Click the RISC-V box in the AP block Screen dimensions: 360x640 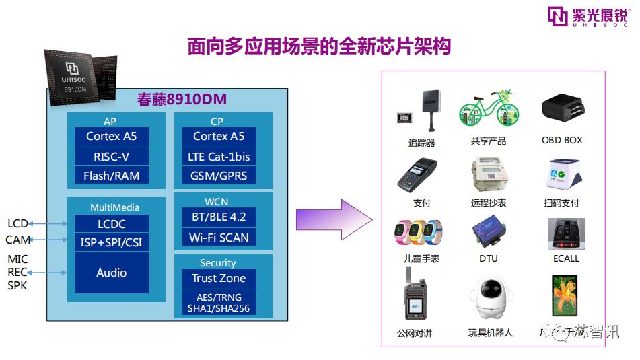tap(112, 156)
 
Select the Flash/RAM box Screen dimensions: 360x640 tap(112, 176)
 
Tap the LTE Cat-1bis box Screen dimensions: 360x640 tap(219, 156)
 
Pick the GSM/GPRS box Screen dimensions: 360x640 tap(219, 176)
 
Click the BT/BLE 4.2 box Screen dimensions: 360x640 tap(219, 217)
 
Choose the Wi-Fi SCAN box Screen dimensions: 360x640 tap(219, 237)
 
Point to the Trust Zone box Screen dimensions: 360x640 tap(219, 278)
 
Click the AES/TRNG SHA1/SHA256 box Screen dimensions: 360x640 tap(219, 302)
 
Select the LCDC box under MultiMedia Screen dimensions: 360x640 tap(112, 224)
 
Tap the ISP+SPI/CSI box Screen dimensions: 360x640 tap(112, 242)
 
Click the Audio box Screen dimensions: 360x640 tap(112, 273)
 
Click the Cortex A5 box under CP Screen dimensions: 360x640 tap(219, 136)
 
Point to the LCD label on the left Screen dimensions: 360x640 tap(17, 223)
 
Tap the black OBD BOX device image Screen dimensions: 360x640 tap(562, 109)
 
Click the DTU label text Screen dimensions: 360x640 tap(489, 258)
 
